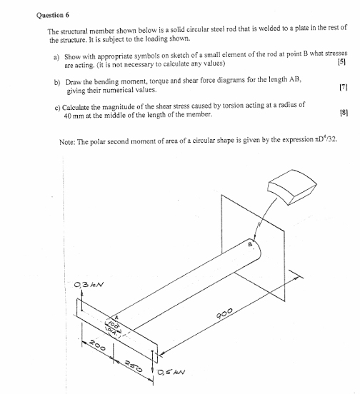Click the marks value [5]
coord(341,64)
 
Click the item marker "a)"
coord(57,56)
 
